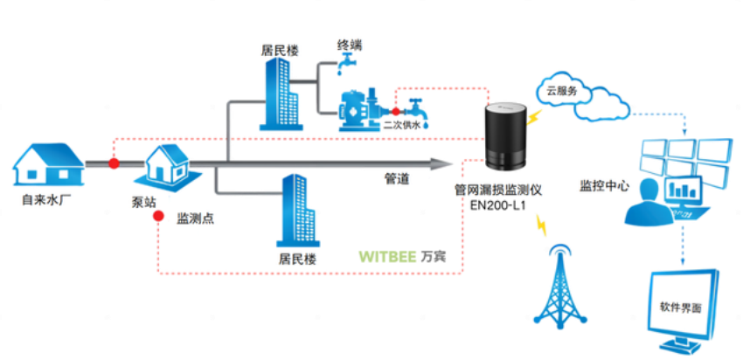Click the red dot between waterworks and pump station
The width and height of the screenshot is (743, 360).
114,163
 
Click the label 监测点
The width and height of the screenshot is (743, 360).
195,218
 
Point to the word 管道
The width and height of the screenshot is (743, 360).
385,180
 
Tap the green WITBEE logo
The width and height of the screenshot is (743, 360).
387,257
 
